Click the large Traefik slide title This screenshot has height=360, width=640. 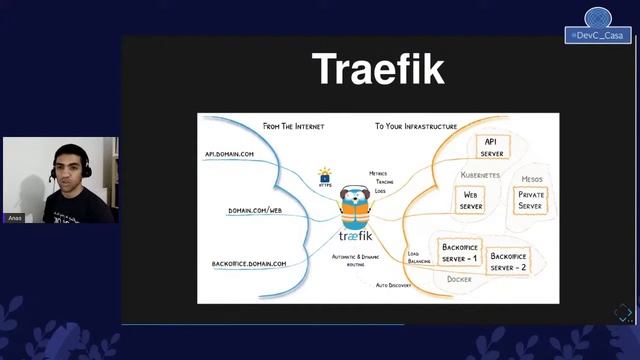pos(378,70)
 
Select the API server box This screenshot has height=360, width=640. pos(492,147)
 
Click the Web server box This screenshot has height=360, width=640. pos(471,200)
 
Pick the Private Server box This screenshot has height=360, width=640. pos(531,200)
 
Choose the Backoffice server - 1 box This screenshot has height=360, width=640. pos(460,253)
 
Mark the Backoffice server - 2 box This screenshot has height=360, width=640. pos(508,262)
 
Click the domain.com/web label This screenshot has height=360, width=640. pos(255,211)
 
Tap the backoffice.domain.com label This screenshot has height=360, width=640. pos(249,264)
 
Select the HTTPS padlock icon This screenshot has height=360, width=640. pos(325,176)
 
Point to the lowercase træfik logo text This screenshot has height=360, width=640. pos(355,238)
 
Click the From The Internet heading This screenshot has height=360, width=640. pos(293,127)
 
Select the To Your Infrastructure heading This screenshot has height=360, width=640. pos(416,127)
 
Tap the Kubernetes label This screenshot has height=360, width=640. pos(480,175)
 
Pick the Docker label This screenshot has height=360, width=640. pos(459,279)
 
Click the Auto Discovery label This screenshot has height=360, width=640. pos(394,286)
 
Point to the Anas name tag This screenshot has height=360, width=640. pos(14,218)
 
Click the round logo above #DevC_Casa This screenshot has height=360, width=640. pos(598,17)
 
